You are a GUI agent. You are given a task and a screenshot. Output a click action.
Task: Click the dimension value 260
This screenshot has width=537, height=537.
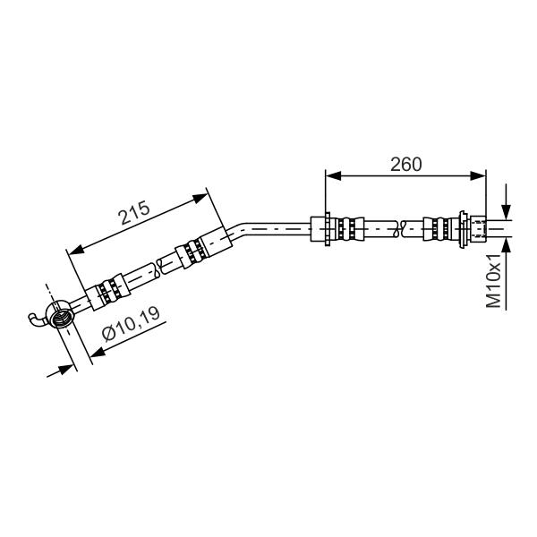(x=405, y=165)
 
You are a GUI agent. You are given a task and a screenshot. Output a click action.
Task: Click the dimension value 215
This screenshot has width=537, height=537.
(x=134, y=212)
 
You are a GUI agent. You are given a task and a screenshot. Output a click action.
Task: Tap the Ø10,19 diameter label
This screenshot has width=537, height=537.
(x=131, y=323)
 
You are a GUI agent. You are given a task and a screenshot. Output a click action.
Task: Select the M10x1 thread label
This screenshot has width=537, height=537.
(x=493, y=280)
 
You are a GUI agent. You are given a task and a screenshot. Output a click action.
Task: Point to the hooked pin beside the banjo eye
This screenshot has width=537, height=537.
(x=37, y=319)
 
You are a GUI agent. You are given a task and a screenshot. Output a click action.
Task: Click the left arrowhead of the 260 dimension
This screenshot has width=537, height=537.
(x=334, y=176)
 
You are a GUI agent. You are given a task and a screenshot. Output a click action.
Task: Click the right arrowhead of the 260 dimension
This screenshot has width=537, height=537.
(x=478, y=176)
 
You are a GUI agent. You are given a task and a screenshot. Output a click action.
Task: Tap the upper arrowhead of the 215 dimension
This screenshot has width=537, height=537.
(x=200, y=198)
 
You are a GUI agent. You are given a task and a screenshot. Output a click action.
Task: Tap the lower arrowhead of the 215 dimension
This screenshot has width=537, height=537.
(x=76, y=250)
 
